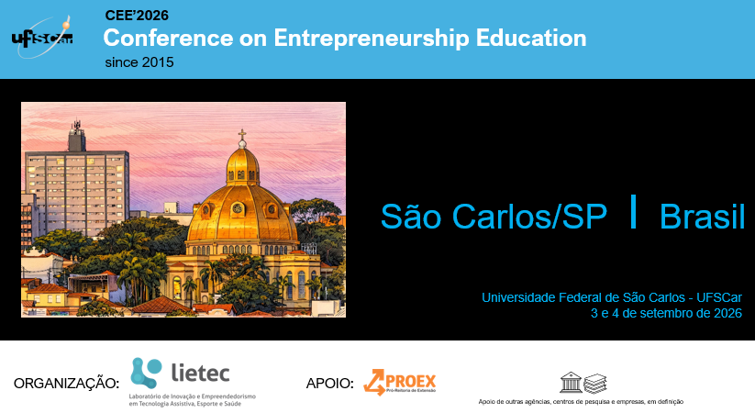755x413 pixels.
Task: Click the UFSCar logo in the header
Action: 42,38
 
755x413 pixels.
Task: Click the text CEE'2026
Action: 137,16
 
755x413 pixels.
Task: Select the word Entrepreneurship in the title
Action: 372,39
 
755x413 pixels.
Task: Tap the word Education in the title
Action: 531,38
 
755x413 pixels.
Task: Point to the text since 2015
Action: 139,62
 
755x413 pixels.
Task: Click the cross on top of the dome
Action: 242,134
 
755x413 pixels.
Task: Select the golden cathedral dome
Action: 242,203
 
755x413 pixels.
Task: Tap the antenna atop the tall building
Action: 76,127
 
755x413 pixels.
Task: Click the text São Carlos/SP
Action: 494,216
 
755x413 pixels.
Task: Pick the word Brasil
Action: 702,217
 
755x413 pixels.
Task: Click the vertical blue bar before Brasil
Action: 634,211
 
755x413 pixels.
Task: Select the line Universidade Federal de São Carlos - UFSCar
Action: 612,297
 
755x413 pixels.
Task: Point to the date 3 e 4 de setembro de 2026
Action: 666,313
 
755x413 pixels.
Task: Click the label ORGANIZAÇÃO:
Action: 66,383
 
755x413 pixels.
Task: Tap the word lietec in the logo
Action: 200,373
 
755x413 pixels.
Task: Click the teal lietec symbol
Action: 146,372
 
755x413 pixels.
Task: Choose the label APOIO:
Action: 330,383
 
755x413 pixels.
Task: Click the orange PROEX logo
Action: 400,382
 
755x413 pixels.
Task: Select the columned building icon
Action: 571,382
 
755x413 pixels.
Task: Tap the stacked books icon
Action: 595,384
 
